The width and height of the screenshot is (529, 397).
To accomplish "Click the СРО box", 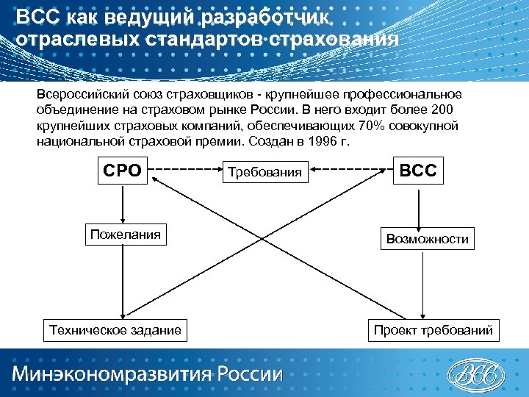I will pyautogui.click(x=122, y=171).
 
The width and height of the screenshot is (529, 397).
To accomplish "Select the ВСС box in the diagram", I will pyautogui.click(x=418, y=171).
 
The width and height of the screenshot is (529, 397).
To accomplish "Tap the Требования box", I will pyautogui.click(x=265, y=171).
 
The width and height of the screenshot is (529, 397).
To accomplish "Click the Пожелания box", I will pyautogui.click(x=124, y=235).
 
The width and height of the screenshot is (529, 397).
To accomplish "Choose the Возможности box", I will pyautogui.click(x=426, y=239).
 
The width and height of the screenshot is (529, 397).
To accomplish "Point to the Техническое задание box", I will pyautogui.click(x=115, y=330).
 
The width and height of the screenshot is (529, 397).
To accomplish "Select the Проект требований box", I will pyautogui.click(x=433, y=330).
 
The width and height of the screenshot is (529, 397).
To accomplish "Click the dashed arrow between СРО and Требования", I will pyautogui.click(x=186, y=171).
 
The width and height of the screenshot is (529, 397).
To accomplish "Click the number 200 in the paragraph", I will pyautogui.click(x=447, y=110).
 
